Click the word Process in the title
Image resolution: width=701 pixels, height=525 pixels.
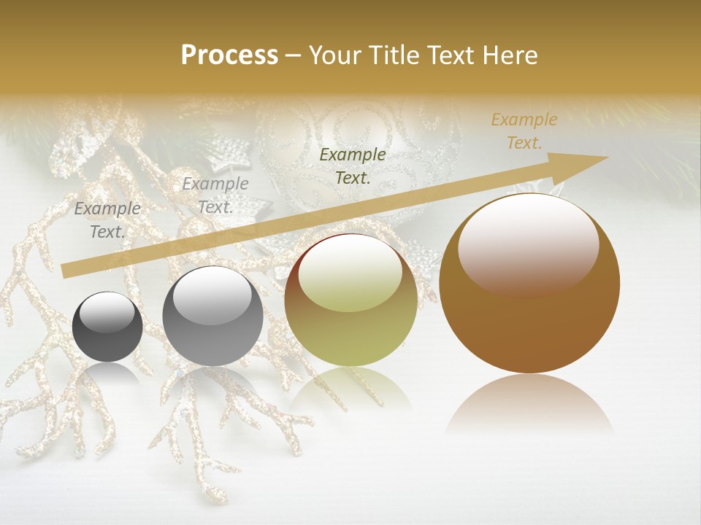point(229,55)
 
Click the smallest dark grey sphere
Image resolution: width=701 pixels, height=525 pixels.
point(107,327)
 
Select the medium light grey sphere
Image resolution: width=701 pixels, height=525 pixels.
point(212,316)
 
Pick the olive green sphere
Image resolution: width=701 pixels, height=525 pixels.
point(350,300)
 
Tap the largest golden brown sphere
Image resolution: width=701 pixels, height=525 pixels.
point(529,284)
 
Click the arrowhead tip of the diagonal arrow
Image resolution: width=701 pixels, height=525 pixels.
point(606,157)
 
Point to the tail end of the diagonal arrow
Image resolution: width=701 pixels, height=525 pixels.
point(64,271)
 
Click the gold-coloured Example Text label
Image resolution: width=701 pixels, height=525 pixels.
point(524,131)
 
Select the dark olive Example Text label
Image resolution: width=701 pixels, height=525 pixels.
point(353,166)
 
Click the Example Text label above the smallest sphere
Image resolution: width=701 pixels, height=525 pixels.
point(107,220)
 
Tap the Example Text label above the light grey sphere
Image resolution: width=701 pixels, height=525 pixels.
point(215,195)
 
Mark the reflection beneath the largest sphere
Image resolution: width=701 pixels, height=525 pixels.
point(529,405)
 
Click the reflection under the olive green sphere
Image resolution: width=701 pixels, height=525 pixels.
point(350,390)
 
